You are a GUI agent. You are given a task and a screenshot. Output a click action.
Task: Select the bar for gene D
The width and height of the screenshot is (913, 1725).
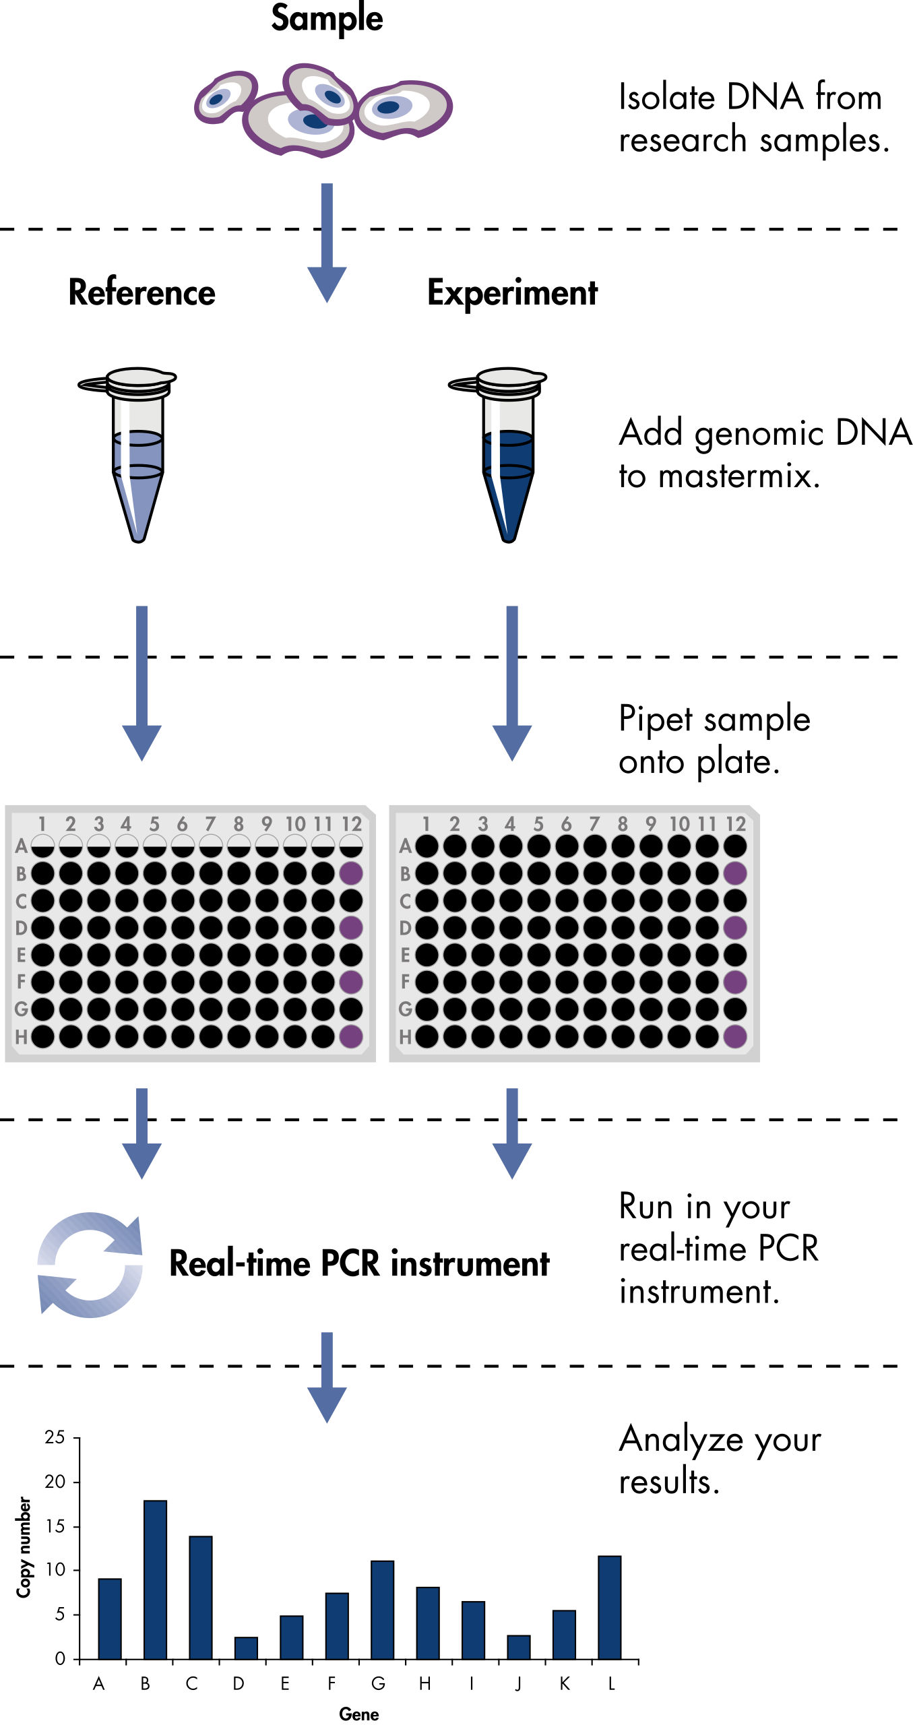pyautogui.click(x=246, y=1648)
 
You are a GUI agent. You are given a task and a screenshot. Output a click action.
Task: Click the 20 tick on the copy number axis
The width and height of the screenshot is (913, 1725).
pyautogui.click(x=55, y=1482)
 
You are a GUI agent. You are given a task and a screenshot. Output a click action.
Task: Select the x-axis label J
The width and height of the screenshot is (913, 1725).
pyautogui.click(x=518, y=1683)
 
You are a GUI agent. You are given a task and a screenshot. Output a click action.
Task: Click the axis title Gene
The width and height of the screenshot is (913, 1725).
pyautogui.click(x=358, y=1714)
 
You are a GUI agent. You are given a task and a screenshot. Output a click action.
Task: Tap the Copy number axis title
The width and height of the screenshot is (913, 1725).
pyautogui.click(x=24, y=1547)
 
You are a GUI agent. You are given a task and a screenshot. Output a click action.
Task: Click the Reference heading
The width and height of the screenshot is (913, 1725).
pyautogui.click(x=141, y=292)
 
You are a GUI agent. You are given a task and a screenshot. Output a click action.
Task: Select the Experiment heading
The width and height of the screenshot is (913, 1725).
pyautogui.click(x=512, y=293)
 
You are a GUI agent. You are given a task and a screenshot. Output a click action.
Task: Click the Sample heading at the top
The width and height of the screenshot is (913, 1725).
pyautogui.click(x=327, y=18)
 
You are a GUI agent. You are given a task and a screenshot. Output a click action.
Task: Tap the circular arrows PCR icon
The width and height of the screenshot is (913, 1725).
pyautogui.click(x=90, y=1264)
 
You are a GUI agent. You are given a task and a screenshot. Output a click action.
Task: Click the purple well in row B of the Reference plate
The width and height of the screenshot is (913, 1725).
pyautogui.click(x=351, y=873)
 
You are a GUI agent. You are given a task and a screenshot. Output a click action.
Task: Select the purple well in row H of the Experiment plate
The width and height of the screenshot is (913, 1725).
pyautogui.click(x=735, y=1036)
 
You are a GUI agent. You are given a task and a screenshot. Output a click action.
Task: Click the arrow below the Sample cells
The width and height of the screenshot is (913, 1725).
pyautogui.click(x=327, y=243)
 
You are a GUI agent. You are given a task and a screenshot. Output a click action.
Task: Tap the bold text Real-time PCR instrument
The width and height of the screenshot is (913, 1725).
pyautogui.click(x=359, y=1264)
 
